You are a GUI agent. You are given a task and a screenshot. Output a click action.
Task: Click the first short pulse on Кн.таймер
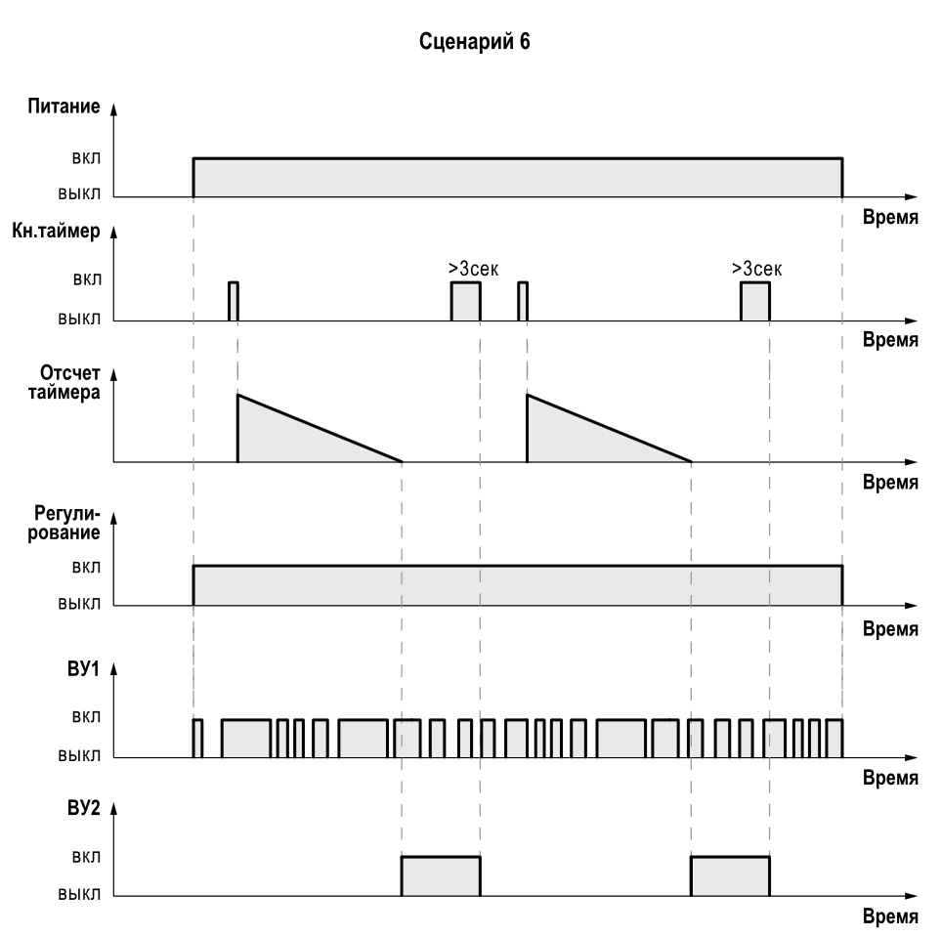(233, 301)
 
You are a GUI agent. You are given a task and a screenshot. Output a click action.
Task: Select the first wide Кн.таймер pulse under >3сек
(465, 301)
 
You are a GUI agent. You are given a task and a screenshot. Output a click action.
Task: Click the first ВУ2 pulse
(440, 875)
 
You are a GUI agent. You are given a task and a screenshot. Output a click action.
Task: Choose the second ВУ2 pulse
(730, 875)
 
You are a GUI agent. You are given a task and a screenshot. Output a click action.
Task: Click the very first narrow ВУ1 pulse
(197, 738)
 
